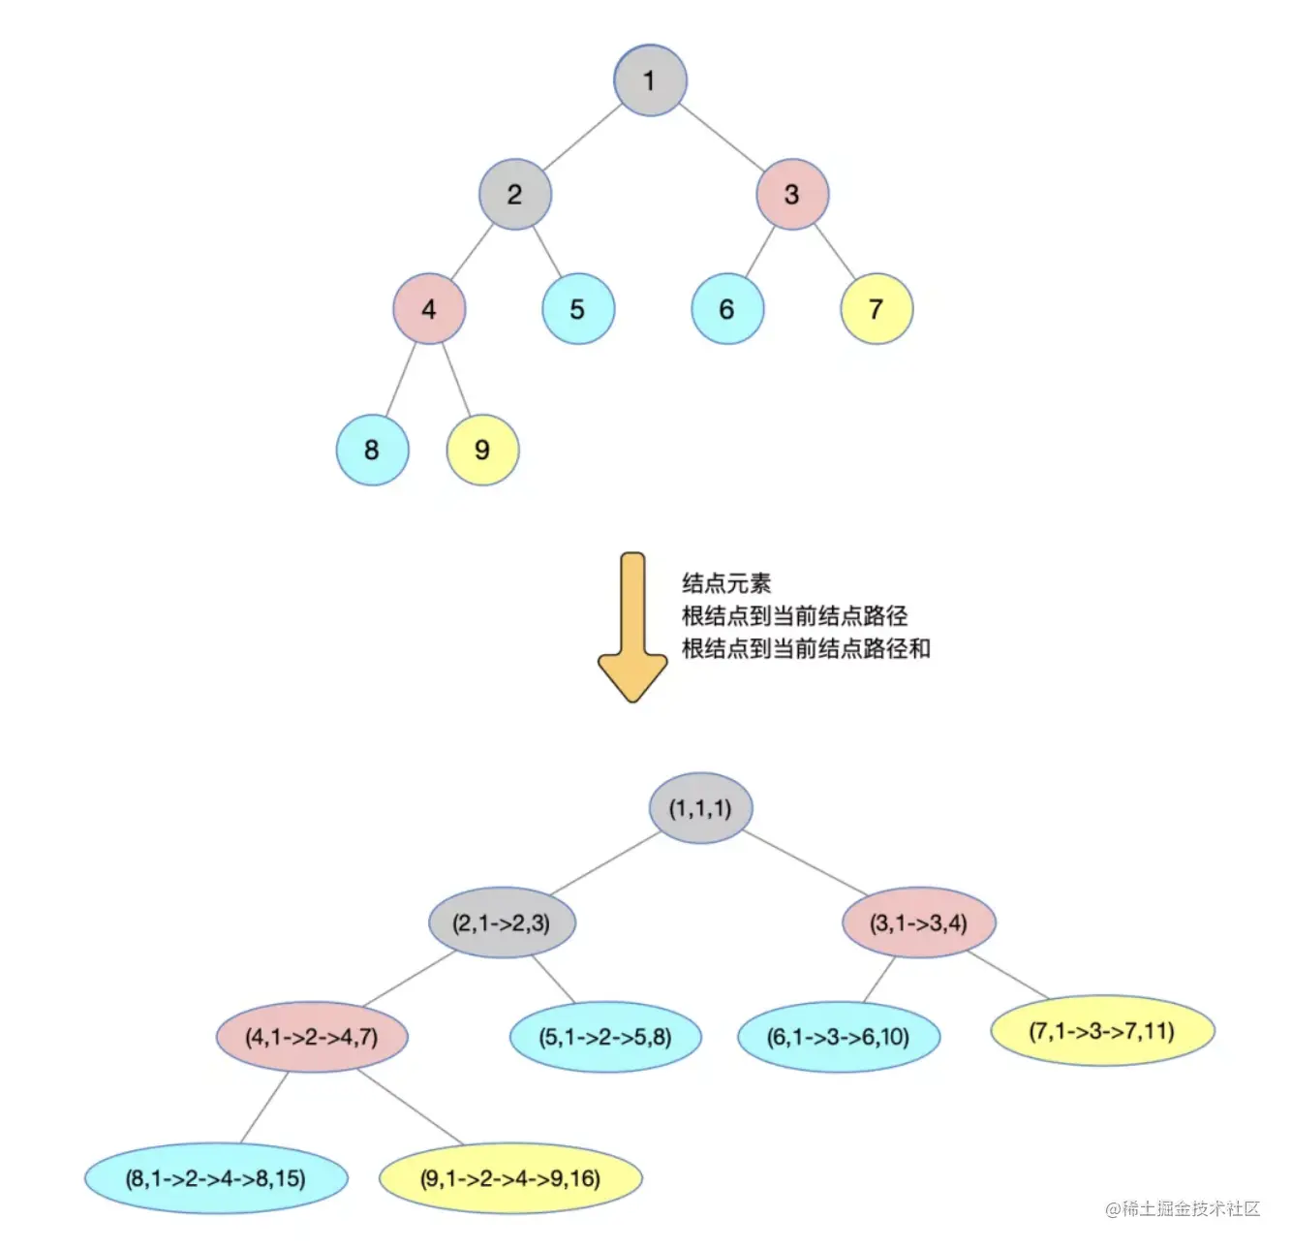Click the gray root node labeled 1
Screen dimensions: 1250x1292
pos(650,80)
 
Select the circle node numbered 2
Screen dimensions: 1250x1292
pos(514,195)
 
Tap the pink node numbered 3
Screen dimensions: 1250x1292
pos(791,195)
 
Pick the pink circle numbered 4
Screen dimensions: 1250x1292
pos(429,309)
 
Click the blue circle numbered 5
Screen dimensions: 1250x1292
pos(577,309)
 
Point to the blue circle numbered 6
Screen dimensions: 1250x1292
pos(726,309)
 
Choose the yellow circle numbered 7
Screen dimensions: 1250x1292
pos(876,309)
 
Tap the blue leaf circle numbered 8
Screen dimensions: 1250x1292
pos(372,450)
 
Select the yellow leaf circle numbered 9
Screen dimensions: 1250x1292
pos(482,450)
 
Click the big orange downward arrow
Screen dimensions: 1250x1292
pos(632,626)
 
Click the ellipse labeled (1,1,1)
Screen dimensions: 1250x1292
pos(700,808)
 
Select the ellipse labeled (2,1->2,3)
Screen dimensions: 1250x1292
pos(502,922)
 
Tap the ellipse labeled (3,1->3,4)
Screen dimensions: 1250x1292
pos(918,922)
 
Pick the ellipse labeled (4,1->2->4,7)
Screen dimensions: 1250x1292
pos(312,1037)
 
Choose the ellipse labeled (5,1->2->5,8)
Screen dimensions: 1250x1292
pos(605,1037)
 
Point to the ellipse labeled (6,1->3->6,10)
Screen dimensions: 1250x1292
pos(838,1037)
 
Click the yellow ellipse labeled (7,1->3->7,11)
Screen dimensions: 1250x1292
pos(1102,1030)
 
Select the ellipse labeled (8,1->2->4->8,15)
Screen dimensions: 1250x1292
pos(216,1178)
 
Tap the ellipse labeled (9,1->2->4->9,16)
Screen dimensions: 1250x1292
pos(510,1178)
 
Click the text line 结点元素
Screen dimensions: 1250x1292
pos(726,583)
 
